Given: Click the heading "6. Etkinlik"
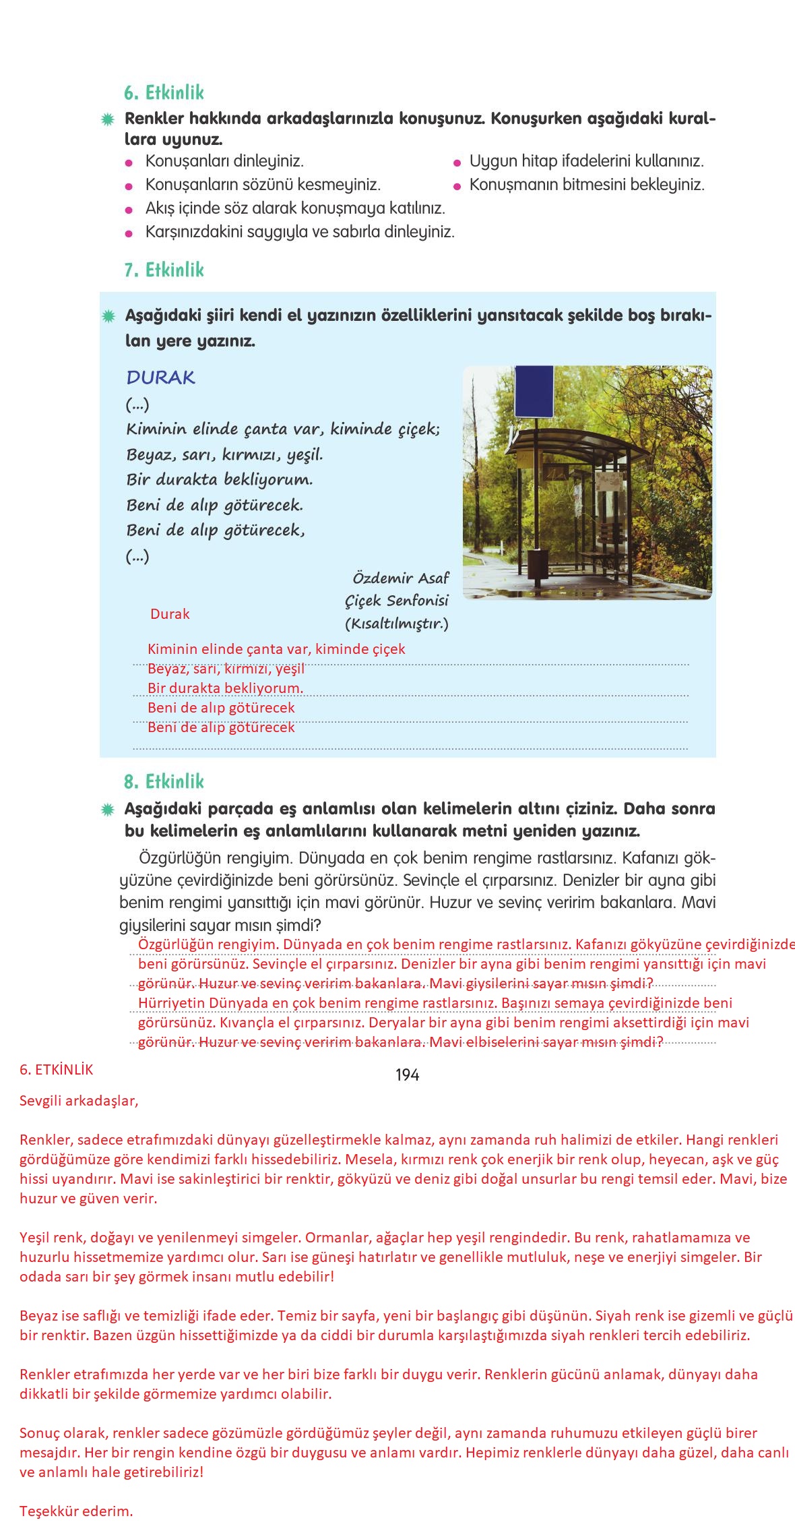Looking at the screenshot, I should pos(164,92).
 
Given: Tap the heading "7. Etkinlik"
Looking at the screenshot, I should pos(164,270).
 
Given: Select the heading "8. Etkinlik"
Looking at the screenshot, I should pos(164,781).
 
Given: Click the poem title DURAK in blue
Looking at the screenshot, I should pos(160,378).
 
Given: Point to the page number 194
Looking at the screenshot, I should pos(407,1075).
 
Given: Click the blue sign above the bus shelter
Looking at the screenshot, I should pos(534,392).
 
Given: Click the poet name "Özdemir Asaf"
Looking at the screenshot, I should pos(400,578).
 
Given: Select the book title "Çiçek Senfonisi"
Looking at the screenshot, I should pos(396,600).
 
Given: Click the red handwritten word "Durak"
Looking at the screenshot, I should pos(170,614).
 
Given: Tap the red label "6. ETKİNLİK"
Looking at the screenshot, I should pos(57,1070).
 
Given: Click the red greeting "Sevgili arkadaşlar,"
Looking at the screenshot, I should pos(79,1101).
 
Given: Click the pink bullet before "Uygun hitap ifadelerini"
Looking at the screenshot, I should pos(456,162).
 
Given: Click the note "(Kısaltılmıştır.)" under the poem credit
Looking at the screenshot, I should pos(396,624).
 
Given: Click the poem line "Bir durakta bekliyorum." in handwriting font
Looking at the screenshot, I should pos(220,480).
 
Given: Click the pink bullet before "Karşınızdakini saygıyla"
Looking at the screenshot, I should pos(129,233).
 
